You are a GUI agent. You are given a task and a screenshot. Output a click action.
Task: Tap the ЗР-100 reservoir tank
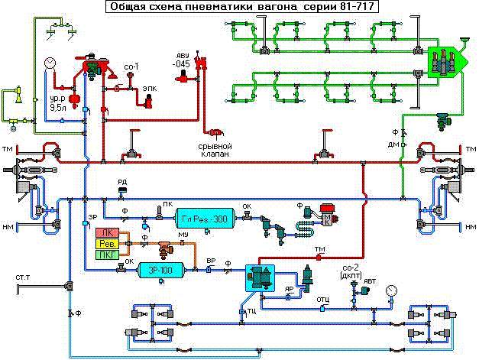(x=163, y=270)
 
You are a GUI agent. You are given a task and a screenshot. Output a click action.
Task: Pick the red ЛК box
(x=106, y=232)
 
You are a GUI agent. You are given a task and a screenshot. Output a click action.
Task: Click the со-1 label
(x=131, y=67)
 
